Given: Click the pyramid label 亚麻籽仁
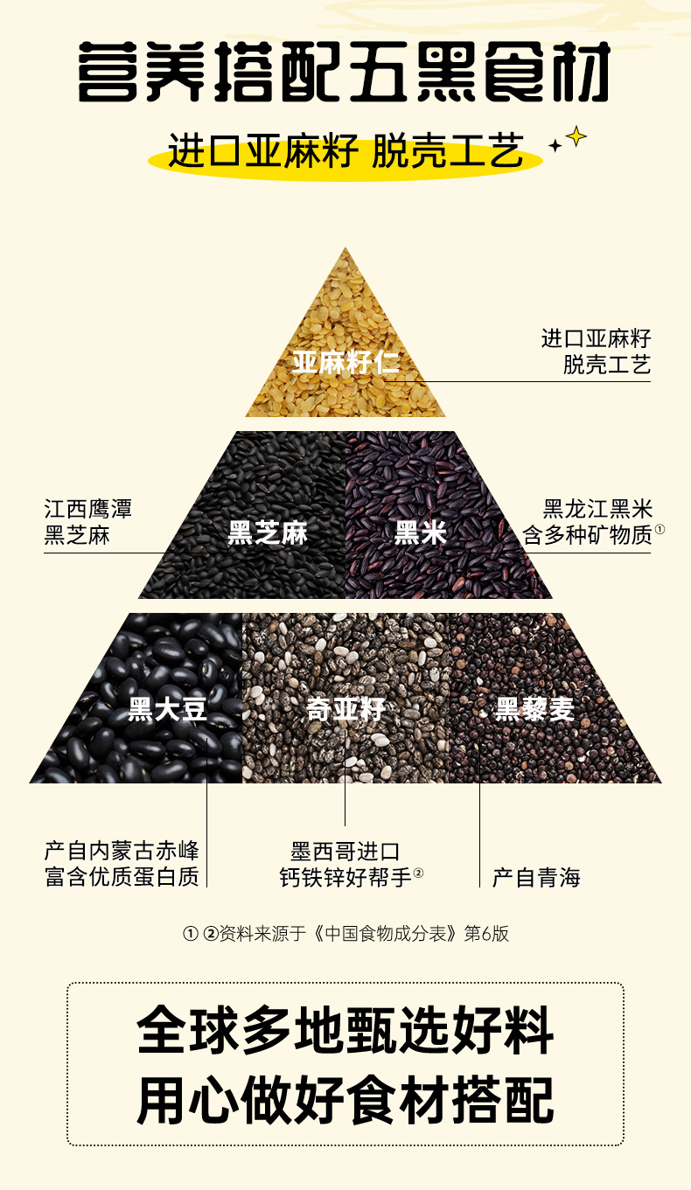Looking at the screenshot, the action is (x=345, y=362).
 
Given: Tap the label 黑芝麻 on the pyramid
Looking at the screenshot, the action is (x=268, y=532).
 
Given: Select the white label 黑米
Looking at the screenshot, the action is (x=421, y=532).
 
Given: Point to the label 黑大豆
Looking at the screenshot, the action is (x=168, y=708).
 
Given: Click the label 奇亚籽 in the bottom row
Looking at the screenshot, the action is (x=345, y=708).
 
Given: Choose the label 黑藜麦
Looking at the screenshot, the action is (x=534, y=708).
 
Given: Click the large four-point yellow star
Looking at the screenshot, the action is (x=576, y=136).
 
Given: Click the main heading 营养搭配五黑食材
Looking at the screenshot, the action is (x=344, y=72).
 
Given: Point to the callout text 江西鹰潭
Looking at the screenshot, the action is (x=88, y=509).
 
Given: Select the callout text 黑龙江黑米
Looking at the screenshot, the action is (x=597, y=509).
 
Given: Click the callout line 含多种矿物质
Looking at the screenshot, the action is (x=588, y=535).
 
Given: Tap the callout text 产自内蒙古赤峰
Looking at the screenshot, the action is (x=122, y=851).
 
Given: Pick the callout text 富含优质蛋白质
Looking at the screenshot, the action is (x=122, y=876).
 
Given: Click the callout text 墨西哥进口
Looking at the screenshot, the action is (x=345, y=851).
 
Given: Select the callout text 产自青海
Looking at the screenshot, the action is (x=536, y=877).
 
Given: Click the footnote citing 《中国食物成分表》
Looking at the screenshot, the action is (x=345, y=934).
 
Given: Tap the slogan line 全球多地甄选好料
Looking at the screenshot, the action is (x=345, y=1033).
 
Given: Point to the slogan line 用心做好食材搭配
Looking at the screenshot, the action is (x=345, y=1099).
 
